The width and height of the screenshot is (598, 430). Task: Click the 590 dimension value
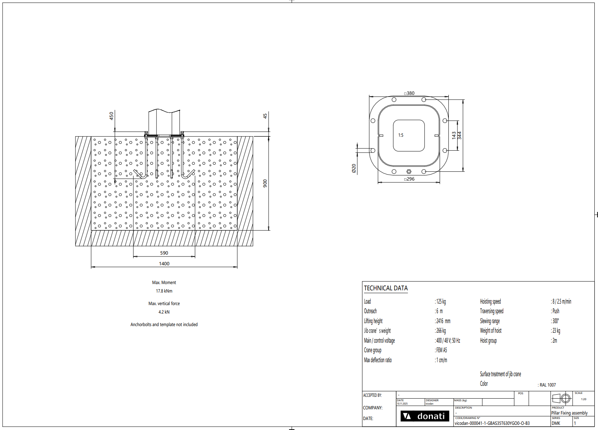pyautogui.click(x=164, y=253)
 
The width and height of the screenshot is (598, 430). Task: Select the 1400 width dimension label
pyautogui.click(x=164, y=264)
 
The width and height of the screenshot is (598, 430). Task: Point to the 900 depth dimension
pyautogui.click(x=265, y=183)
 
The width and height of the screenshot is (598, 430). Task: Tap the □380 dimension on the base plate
pyautogui.click(x=409, y=93)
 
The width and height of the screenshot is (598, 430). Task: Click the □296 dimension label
pyautogui.click(x=409, y=179)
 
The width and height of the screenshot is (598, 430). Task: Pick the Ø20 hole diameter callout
pyautogui.click(x=354, y=168)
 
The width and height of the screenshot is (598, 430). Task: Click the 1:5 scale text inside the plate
pyautogui.click(x=401, y=135)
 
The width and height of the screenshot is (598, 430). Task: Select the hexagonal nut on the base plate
pyautogui.click(x=409, y=172)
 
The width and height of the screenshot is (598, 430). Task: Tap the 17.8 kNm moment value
pyautogui.click(x=164, y=291)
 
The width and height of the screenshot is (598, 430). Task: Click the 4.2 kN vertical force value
pyautogui.click(x=164, y=312)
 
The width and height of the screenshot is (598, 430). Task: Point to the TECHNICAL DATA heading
pyautogui.click(x=386, y=288)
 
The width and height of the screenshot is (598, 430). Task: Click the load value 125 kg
pyautogui.click(x=441, y=301)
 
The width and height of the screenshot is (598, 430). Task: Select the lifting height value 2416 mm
pyautogui.click(x=443, y=321)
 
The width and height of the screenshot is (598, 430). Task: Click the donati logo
pyautogui.click(x=424, y=416)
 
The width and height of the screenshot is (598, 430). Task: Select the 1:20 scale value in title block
pyautogui.click(x=584, y=399)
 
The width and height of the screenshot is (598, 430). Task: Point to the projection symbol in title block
pyautogui.click(x=561, y=399)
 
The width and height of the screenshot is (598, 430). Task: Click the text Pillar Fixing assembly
pyautogui.click(x=569, y=413)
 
